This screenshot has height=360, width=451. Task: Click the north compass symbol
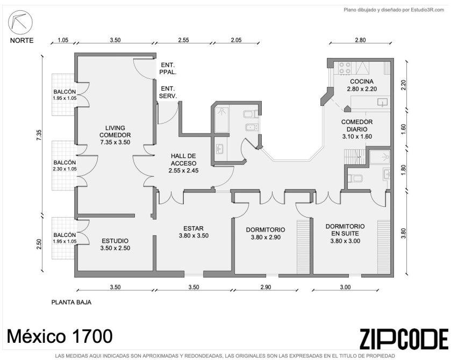pyautogui.click(x=20, y=23)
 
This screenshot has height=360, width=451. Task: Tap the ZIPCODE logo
pyautogui.click(x=404, y=339)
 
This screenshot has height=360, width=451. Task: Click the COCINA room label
pyautogui.click(x=362, y=81)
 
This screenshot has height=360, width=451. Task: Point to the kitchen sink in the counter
pyautogui.click(x=383, y=102)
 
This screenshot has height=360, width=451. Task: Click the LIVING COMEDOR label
pyautogui.click(x=115, y=132)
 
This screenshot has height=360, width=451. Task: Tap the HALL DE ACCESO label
pyautogui.click(x=183, y=160)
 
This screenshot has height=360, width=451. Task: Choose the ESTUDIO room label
pyautogui.click(x=115, y=241)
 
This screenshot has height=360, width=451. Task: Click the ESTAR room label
pyautogui.click(x=194, y=228)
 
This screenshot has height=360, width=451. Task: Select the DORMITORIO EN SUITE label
pyautogui.click(x=345, y=230)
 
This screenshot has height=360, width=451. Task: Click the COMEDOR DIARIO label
pyautogui.click(x=357, y=126)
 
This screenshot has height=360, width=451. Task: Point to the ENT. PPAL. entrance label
pyautogui.click(x=168, y=69)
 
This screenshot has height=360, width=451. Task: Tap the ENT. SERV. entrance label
pyautogui.click(x=168, y=92)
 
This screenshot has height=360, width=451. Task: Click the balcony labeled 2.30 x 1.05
pyautogui.click(x=65, y=165)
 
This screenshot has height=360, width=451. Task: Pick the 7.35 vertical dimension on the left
pyautogui.click(x=39, y=135)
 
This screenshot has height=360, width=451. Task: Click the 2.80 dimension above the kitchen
pyautogui.click(x=360, y=40)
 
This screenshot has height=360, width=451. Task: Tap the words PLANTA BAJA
pyautogui.click(x=71, y=302)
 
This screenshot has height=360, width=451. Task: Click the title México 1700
pyautogui.click(x=60, y=336)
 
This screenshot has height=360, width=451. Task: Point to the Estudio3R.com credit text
pyautogui.click(x=427, y=10)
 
